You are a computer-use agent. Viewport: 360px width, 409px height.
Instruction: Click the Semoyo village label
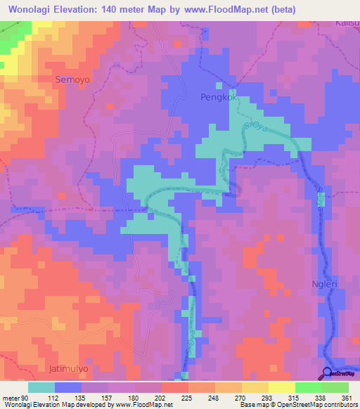coord(72,80)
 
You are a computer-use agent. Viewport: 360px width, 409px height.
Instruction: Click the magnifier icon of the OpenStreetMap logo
coord(327,373)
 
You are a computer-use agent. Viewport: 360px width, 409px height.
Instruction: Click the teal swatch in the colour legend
coord(41,387)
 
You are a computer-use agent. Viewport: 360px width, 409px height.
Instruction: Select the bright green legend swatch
coord(309,387)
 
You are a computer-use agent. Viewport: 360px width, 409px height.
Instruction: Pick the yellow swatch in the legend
coord(255,387)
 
